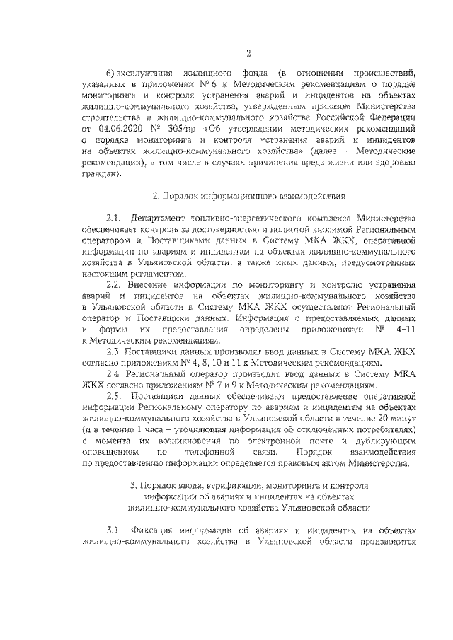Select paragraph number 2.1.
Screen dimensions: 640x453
click(114, 216)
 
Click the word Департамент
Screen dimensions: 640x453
click(159, 216)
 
